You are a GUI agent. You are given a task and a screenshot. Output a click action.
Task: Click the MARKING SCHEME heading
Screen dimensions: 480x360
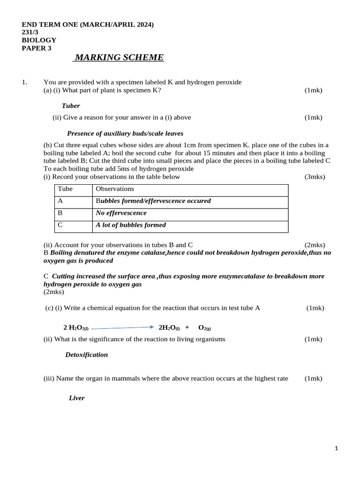[x=119, y=58]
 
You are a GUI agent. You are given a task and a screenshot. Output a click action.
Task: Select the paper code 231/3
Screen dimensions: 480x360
[x=31, y=32]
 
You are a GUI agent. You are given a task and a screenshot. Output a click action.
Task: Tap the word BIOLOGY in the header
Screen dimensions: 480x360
[x=39, y=40]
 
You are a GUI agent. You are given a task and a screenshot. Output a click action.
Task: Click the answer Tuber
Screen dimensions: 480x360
[x=71, y=106]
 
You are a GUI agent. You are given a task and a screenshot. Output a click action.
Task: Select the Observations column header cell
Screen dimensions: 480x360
[x=115, y=189]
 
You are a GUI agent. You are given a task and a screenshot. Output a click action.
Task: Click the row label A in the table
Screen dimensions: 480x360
[x=60, y=201]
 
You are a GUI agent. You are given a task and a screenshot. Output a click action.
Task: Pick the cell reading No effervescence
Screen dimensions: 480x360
[x=121, y=213]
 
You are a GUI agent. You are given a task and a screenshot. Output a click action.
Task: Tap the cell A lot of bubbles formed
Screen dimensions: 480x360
[x=131, y=225]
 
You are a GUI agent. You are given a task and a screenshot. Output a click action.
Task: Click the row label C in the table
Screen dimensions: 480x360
[x=60, y=225]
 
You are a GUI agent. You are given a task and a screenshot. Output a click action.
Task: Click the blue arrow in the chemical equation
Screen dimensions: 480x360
[x=122, y=328]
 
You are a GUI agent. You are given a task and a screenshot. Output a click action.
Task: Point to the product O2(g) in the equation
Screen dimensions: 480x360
[x=204, y=328]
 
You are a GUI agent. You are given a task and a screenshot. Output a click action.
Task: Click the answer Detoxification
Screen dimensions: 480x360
[x=86, y=355]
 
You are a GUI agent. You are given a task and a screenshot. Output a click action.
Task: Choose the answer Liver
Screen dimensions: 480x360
[x=76, y=398]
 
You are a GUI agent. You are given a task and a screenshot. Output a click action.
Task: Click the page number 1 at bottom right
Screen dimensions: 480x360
[x=336, y=449]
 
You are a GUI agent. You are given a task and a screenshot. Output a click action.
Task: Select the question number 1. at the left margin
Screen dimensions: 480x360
[x=25, y=82]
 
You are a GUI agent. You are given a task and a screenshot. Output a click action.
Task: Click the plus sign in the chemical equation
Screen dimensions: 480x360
[x=187, y=327]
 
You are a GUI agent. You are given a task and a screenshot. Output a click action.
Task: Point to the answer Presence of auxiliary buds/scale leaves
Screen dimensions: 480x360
[x=125, y=134]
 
